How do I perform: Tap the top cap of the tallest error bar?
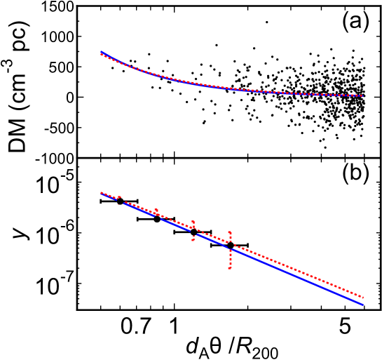[x=230, y=232]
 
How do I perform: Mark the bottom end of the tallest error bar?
[x=230, y=267]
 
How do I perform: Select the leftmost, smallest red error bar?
[x=119, y=199]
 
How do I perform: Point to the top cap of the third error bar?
[x=193, y=222]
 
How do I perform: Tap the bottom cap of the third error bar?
[x=193, y=240]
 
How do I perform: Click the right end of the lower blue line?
[x=363, y=305]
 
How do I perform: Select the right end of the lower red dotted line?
[x=363, y=298]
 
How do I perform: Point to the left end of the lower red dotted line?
[x=102, y=192]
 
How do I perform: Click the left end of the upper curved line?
[x=102, y=53]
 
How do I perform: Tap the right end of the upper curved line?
[x=362, y=95]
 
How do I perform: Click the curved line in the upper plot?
[x=210, y=86]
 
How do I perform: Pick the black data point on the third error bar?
[x=193, y=229]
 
